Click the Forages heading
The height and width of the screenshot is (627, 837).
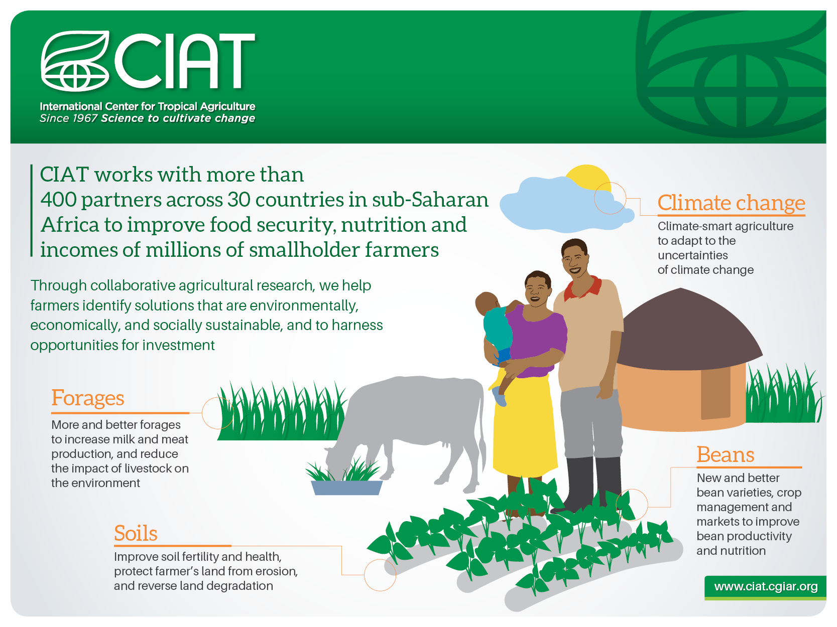(x=88, y=398)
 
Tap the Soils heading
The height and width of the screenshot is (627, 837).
(x=136, y=533)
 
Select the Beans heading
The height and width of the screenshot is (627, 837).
(x=725, y=454)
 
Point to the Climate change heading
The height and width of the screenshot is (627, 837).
(x=731, y=203)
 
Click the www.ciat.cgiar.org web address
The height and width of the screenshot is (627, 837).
(x=766, y=587)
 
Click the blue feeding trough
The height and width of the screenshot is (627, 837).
(x=346, y=488)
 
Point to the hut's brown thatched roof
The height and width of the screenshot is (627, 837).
(x=686, y=330)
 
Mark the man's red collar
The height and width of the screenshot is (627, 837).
(x=582, y=287)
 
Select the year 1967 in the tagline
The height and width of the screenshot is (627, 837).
(x=85, y=118)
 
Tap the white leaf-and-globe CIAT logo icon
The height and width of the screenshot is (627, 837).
(x=75, y=61)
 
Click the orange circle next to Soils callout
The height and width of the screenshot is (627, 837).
(x=380, y=575)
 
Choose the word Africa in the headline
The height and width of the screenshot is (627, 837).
(x=70, y=225)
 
